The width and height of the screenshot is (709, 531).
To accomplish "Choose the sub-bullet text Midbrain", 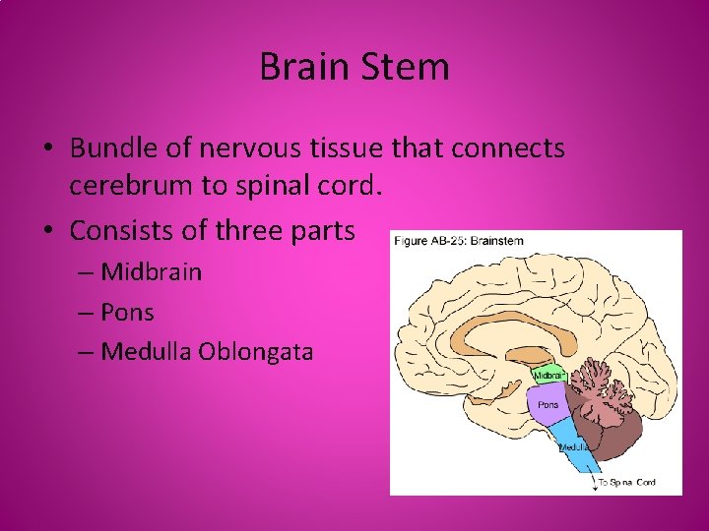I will pos(151,271).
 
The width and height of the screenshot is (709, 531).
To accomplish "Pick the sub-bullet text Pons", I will pos(127,312).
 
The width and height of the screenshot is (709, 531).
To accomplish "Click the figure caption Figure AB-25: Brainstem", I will pos(458,240).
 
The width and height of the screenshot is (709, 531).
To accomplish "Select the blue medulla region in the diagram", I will pos(570,442).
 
